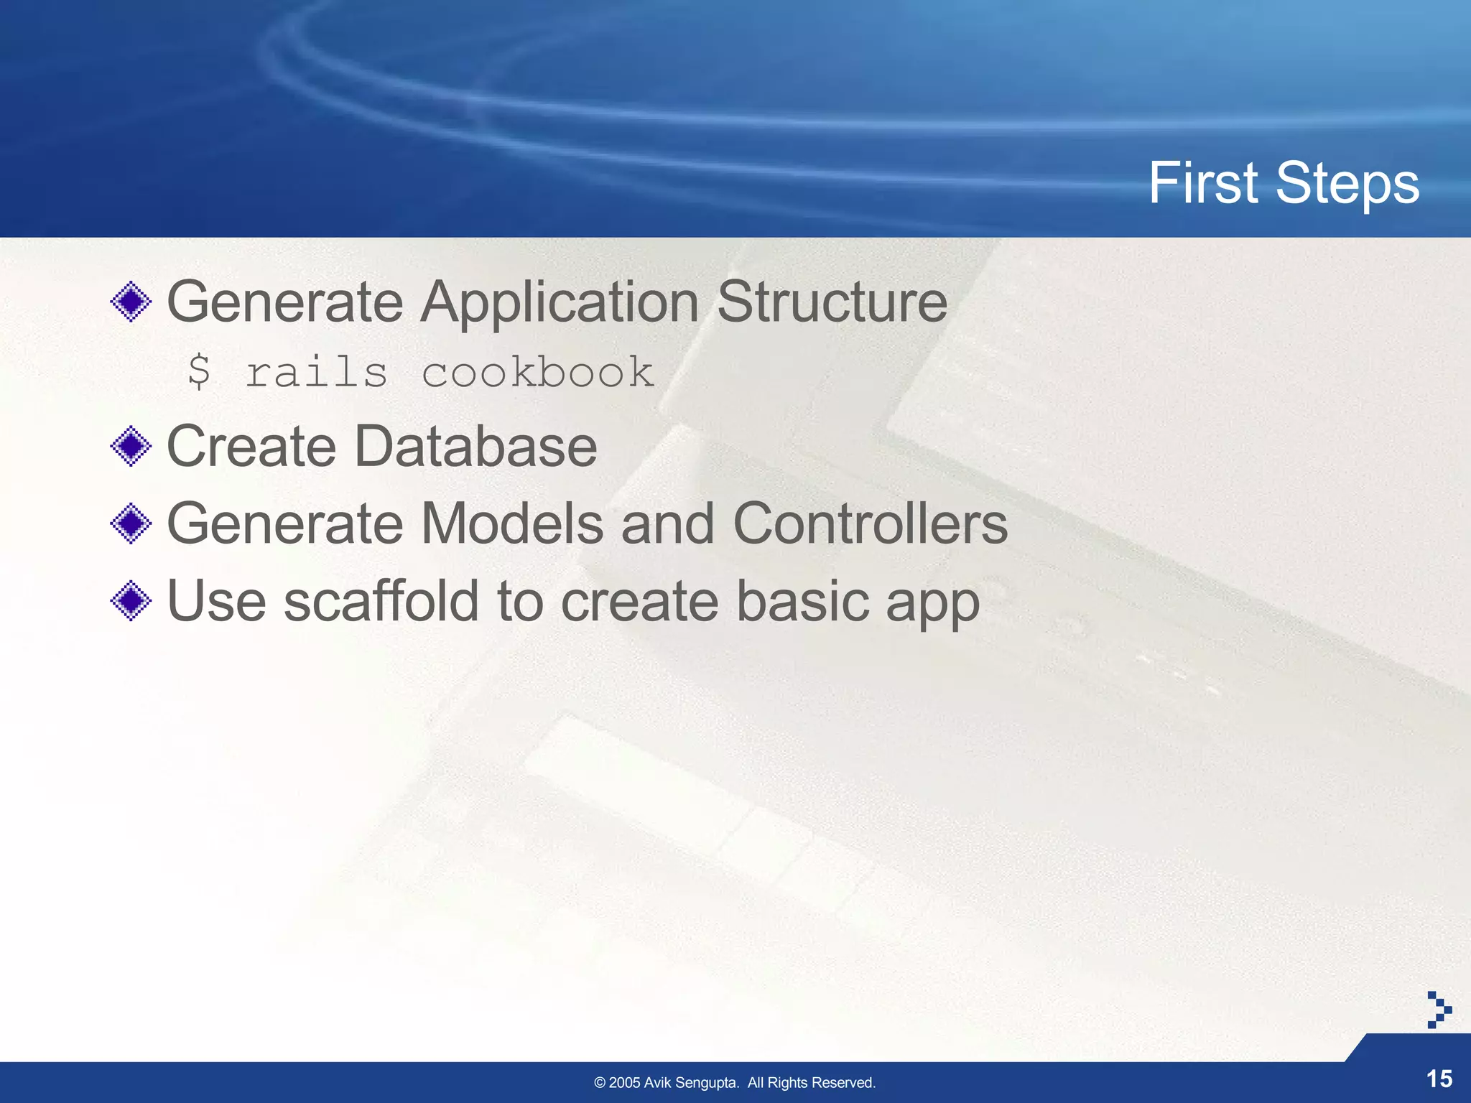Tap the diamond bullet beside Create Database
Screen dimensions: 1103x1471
pyautogui.click(x=131, y=447)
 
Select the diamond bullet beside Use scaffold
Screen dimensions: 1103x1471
pyautogui.click(x=131, y=601)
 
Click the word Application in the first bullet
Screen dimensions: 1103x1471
pyautogui.click(x=560, y=303)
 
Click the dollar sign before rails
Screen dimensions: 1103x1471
pyautogui.click(x=199, y=372)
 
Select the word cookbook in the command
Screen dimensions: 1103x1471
pyautogui.click(x=537, y=372)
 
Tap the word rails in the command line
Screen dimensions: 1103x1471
pyautogui.click(x=316, y=372)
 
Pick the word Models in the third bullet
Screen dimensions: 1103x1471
pyautogui.click(x=511, y=523)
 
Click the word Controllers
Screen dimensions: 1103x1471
pyautogui.click(x=870, y=523)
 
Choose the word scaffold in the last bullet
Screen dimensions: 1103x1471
pyautogui.click(x=381, y=601)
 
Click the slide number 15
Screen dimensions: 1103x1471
pyautogui.click(x=1439, y=1079)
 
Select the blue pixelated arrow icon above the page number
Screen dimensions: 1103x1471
pyautogui.click(x=1438, y=1010)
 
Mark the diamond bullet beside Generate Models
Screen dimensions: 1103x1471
pyautogui.click(x=131, y=523)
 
